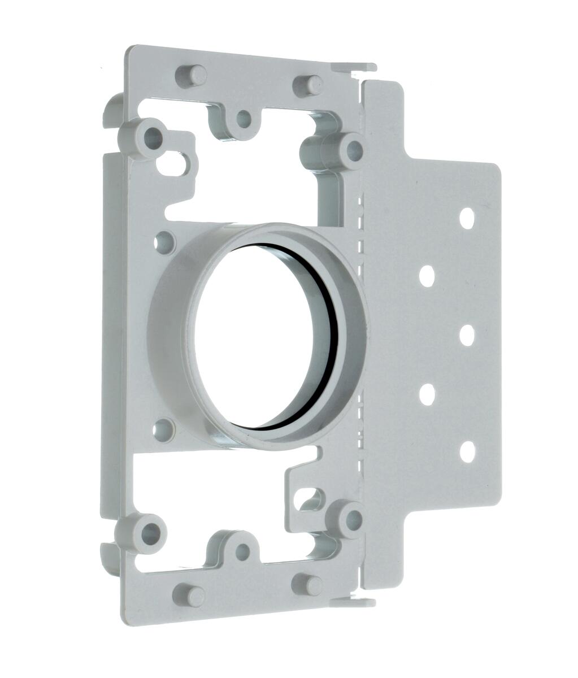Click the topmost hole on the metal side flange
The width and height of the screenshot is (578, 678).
467,218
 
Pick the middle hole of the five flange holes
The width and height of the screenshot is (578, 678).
467,334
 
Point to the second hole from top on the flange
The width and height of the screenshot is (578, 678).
427,276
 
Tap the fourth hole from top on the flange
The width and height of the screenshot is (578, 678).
427,394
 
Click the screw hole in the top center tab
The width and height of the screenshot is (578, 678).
244,119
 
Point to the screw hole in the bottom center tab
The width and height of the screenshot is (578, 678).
242,552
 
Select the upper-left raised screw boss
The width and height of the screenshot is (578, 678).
152,136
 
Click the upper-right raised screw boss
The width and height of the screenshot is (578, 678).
354,149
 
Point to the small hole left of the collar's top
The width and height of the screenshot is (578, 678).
163,242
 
